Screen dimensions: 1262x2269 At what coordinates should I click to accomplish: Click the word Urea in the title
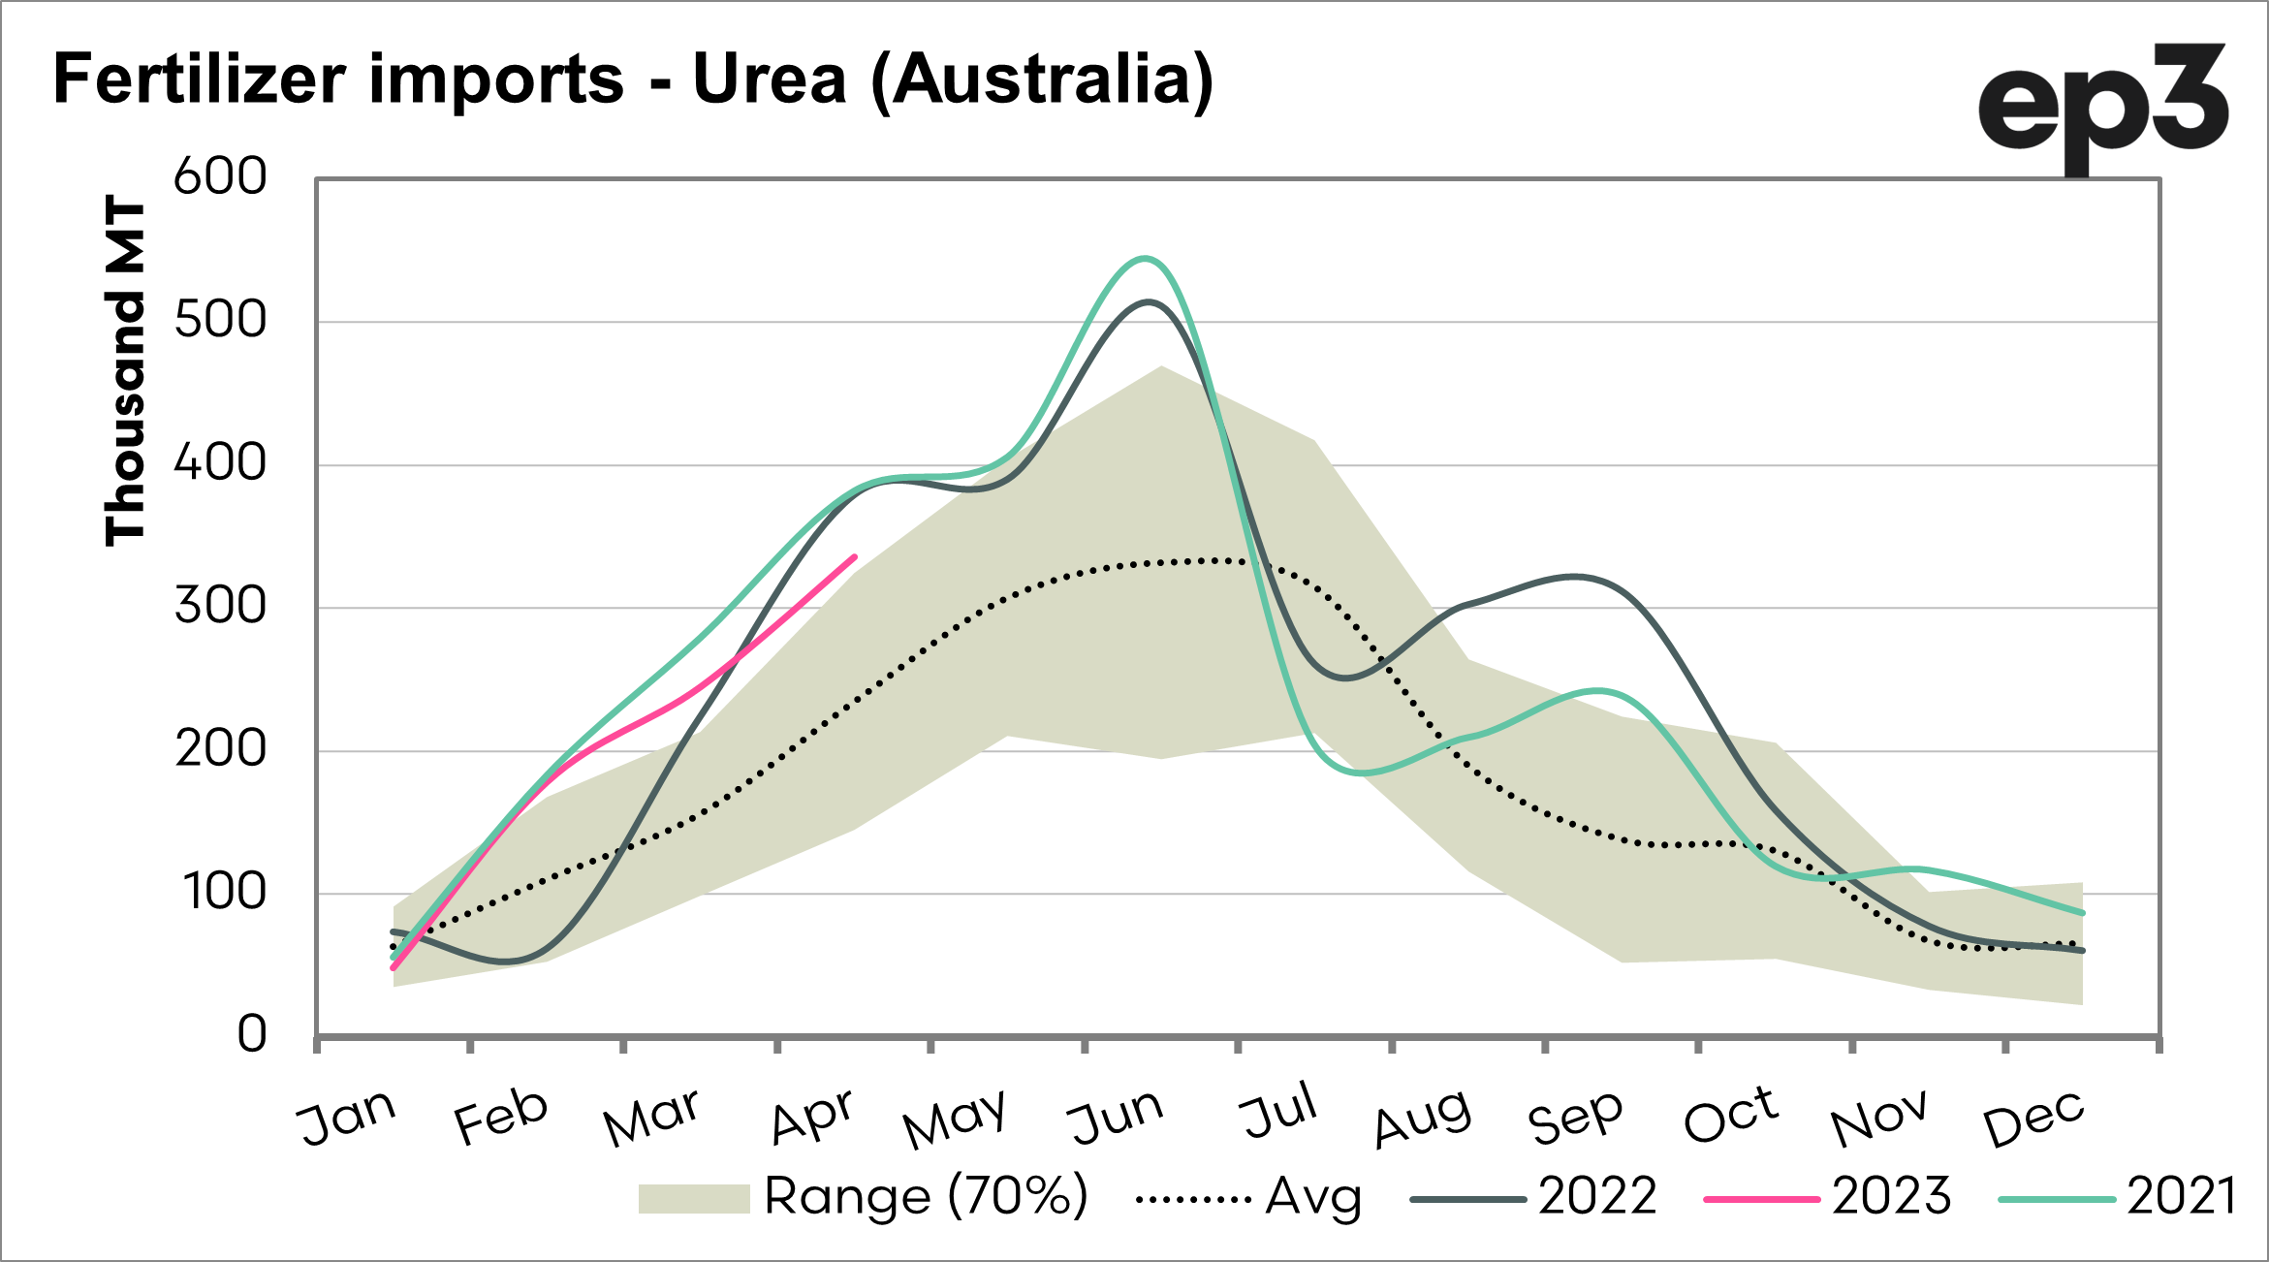click(770, 79)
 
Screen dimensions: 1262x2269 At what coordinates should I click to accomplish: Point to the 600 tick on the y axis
click(220, 177)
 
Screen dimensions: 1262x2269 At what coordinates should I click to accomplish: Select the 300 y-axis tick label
click(220, 607)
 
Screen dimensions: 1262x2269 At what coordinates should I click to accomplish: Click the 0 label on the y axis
click(252, 1034)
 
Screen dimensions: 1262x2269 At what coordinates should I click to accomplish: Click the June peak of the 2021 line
click(1146, 258)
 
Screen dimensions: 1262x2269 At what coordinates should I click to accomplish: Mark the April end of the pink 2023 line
click(854, 557)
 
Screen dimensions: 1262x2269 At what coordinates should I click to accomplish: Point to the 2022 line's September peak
click(1576, 577)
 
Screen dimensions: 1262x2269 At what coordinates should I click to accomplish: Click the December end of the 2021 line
click(2082, 913)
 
